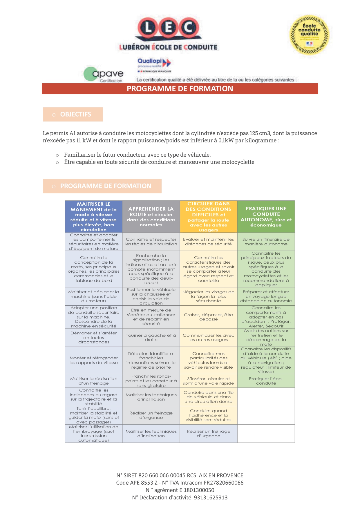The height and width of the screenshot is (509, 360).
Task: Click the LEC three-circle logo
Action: click(168, 28)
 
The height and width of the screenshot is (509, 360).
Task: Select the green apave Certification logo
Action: click(103, 75)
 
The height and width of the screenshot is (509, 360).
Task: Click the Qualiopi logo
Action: click(154, 64)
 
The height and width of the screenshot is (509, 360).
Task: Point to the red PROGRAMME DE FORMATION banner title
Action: click(180, 89)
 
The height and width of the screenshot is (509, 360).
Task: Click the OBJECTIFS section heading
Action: click(75, 115)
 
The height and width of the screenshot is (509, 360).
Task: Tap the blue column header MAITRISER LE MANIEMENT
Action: click(94, 217)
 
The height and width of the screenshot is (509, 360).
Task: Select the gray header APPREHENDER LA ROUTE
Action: click(151, 217)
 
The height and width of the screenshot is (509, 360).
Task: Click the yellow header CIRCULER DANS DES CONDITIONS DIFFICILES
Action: click(209, 217)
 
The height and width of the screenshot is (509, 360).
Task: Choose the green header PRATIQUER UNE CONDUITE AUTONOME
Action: click(266, 217)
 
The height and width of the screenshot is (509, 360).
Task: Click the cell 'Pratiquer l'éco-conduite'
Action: click(266, 381)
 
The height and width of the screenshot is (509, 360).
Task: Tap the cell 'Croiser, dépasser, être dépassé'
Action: click(209, 317)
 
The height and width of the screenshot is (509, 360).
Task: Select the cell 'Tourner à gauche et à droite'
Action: click(151, 337)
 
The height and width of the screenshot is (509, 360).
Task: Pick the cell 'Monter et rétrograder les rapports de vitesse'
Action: click(94, 360)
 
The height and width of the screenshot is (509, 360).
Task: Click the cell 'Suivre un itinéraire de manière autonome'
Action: click(266, 242)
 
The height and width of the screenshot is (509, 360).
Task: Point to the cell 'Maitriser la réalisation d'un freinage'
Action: click(94, 381)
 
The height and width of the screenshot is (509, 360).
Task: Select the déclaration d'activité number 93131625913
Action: click(211, 497)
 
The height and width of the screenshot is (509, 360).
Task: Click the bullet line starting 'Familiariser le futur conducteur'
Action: click(137, 155)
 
